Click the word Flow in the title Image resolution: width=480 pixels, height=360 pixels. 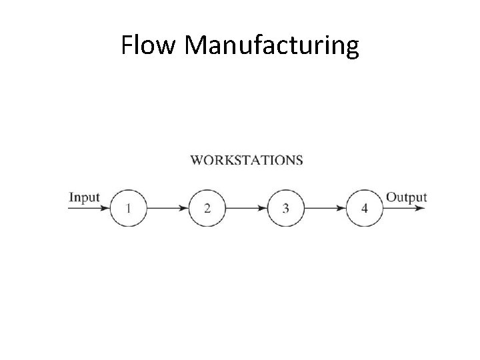click(149, 45)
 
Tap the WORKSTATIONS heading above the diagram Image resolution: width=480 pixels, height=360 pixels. click(247, 160)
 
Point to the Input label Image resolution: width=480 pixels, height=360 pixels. click(84, 197)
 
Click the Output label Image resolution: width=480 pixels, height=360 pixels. click(406, 197)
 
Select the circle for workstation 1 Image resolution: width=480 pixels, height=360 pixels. click(128, 209)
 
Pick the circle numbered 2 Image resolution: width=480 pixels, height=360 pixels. click(207, 209)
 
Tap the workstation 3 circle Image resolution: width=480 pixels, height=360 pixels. click(286, 209)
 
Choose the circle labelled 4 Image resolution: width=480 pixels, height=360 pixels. click(365, 209)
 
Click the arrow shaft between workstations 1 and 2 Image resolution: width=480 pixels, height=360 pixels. click(163, 209)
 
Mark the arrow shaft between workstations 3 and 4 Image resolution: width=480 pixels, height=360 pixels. click(321, 209)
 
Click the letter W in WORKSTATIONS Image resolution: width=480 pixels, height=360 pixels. click(197, 160)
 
